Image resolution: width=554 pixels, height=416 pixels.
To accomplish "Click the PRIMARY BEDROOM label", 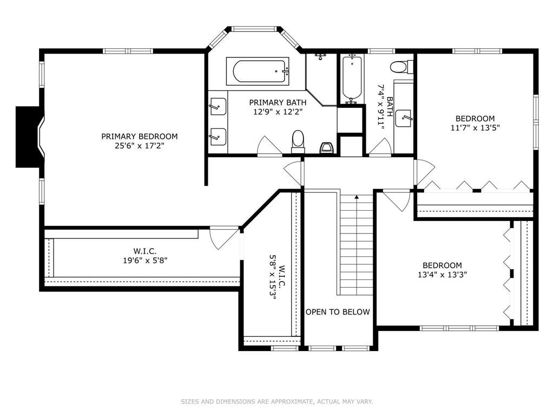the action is (139, 136).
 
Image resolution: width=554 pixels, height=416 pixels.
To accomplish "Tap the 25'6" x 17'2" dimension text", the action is (140, 146).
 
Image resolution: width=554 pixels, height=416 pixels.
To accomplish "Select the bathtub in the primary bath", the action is (257, 71).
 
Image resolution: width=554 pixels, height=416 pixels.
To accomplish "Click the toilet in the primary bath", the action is (298, 141).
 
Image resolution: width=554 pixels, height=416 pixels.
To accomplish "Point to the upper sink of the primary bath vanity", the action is (217, 107).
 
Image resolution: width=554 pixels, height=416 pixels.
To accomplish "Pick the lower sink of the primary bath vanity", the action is (217, 136).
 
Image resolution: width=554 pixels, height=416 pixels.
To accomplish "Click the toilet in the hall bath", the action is (402, 67).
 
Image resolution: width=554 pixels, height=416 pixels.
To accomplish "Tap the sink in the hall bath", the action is (404, 119).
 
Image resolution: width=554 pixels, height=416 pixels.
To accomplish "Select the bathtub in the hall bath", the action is (352, 79).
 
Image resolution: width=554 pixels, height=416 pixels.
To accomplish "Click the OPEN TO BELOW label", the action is (338, 312).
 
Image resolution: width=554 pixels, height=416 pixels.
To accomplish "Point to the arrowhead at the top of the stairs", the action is (357, 197).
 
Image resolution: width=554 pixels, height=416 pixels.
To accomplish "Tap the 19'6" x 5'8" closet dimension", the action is (145, 261).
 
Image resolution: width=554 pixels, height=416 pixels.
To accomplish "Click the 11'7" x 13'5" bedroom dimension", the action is (475, 128).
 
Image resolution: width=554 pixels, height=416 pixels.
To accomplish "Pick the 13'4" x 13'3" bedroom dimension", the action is (443, 275).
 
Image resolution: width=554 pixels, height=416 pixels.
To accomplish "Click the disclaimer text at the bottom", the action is (277, 401).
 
